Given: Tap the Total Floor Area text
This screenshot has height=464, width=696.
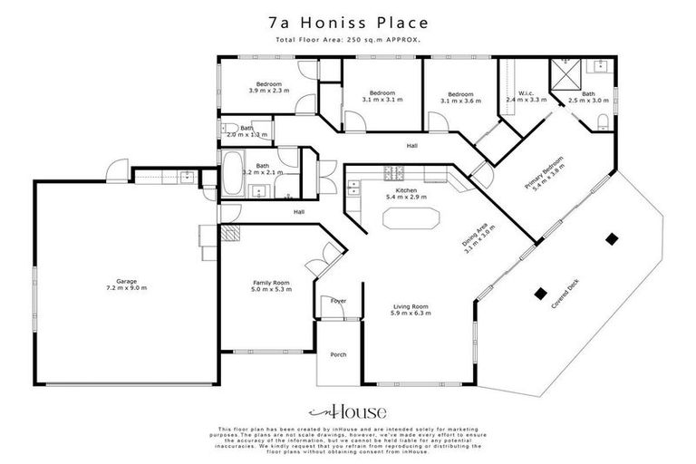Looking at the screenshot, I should tap(347, 41).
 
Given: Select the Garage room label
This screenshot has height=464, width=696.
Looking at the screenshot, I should tap(125, 283).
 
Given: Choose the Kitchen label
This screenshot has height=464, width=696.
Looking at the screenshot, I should tap(405, 191).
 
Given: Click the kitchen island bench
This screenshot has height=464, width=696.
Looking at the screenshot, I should tap(411, 219).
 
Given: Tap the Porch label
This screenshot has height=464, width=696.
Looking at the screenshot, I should tap(338, 354).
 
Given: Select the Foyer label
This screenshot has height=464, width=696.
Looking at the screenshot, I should tap(338, 300).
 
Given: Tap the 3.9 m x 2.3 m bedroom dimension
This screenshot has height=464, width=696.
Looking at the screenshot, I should tap(268, 92).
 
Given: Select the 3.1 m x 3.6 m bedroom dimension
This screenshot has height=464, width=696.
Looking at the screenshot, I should tap(460, 100).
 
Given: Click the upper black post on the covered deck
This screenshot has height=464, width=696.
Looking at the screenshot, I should tap(614, 238).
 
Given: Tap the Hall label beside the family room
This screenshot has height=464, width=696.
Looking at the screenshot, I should tap(298, 212).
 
